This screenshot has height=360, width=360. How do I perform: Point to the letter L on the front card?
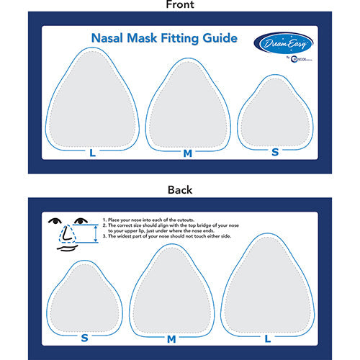92,153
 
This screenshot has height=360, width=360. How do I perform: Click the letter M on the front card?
187,153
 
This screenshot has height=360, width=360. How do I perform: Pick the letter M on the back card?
171,338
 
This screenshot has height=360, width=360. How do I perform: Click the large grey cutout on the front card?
92,101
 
